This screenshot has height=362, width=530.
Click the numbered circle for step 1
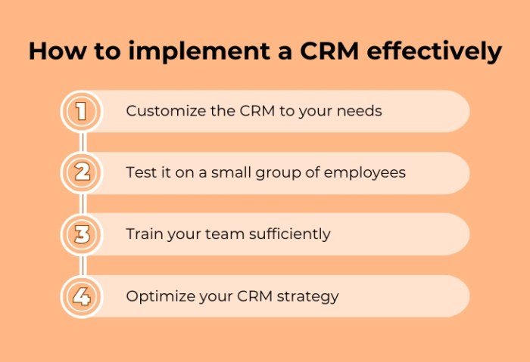click(x=81, y=112)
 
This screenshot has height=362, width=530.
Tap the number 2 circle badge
click(x=81, y=173)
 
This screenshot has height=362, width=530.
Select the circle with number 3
click(x=81, y=234)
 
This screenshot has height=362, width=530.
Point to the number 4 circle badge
click(x=81, y=295)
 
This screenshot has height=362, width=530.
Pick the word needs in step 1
click(x=360, y=111)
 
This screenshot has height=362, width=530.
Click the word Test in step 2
click(x=140, y=172)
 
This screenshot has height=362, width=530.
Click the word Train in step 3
click(x=144, y=234)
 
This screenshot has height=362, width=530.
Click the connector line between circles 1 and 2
click(x=81, y=142)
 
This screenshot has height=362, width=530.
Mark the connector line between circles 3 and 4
click(x=81, y=265)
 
